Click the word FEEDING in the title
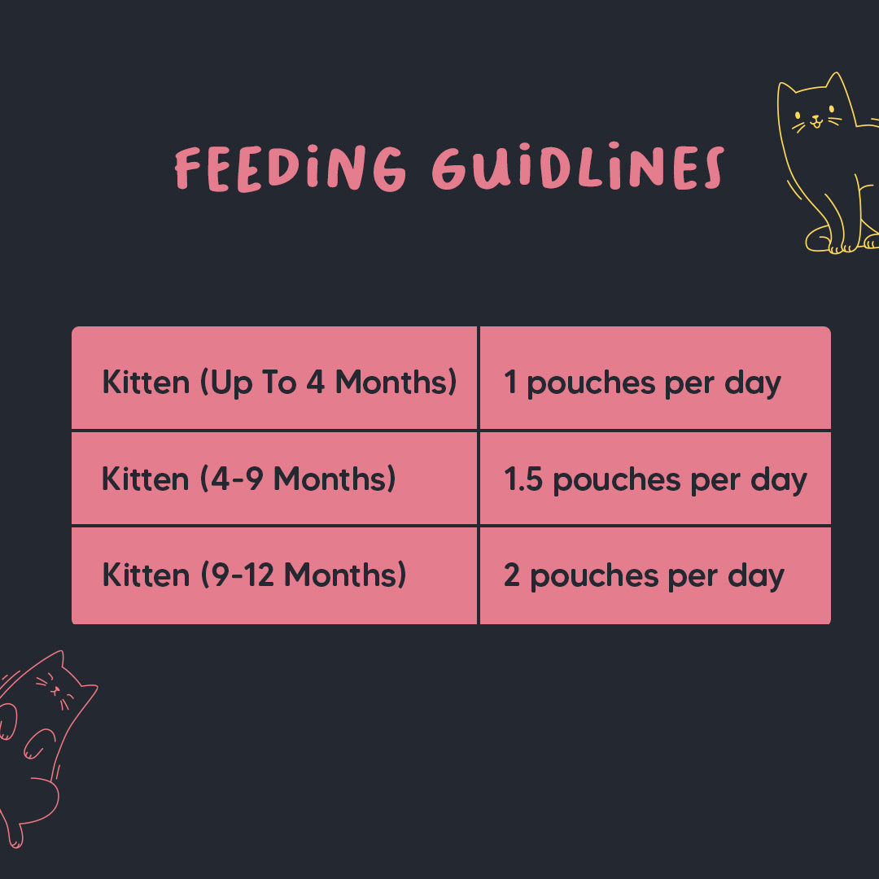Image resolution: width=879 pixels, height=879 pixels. (x=290, y=169)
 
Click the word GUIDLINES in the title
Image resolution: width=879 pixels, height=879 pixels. (x=577, y=169)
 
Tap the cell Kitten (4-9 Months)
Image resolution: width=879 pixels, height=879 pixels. (x=275, y=479)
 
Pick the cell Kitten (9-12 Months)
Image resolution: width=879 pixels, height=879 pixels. (x=275, y=575)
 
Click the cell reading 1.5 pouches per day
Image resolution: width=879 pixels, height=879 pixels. (x=655, y=479)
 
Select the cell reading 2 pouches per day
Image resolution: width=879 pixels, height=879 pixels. (x=655, y=575)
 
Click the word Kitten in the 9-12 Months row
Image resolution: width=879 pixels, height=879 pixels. (x=145, y=575)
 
